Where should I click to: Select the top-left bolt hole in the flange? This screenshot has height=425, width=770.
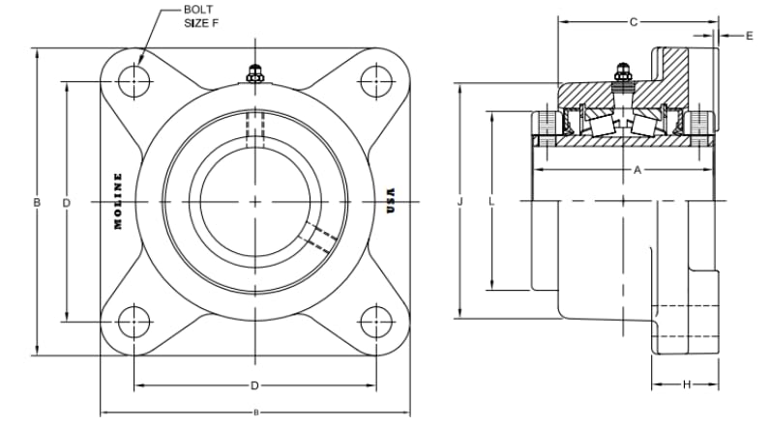click(134, 81)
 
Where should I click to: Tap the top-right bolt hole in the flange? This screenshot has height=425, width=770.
click(376, 81)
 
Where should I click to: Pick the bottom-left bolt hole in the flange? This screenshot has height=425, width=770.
click(134, 322)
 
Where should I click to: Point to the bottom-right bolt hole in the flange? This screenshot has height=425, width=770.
click(376, 322)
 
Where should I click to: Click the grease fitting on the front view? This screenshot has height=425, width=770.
click(254, 73)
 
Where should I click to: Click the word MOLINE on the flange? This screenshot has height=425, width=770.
click(118, 201)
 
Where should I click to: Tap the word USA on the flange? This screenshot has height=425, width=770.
click(391, 201)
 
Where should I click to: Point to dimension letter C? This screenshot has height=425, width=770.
click(634, 22)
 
